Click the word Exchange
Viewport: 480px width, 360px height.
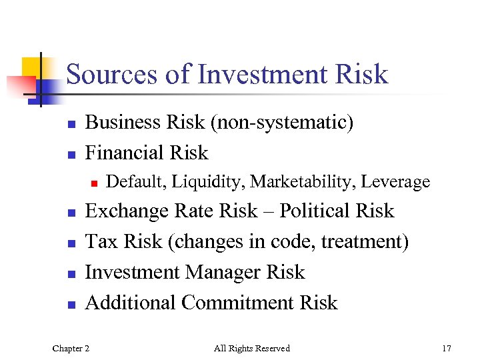[x=127, y=211]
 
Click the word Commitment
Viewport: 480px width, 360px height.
[x=238, y=303]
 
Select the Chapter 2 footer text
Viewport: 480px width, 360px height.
[x=71, y=348]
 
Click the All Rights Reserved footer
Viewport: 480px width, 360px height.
[x=252, y=348]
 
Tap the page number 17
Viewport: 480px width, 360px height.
[x=446, y=348]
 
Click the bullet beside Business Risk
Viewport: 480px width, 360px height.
[x=70, y=124]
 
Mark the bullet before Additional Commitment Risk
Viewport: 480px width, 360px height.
[x=70, y=305]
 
